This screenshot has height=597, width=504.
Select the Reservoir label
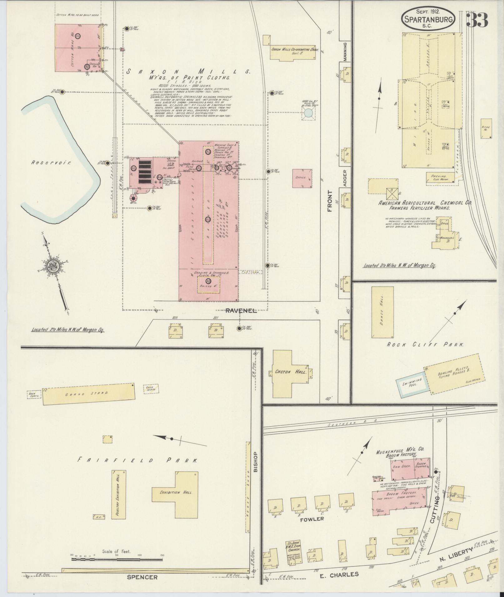pyautogui.click(x=51, y=163)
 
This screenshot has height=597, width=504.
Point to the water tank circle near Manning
pyautogui.click(x=308, y=114)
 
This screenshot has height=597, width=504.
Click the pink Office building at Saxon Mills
pyautogui.click(x=302, y=178)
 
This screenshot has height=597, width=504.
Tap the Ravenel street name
pyautogui.click(x=241, y=311)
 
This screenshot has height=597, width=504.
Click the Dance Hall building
pyautogui.click(x=382, y=312)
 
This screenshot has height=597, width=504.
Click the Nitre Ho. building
pyautogui.click(x=486, y=128)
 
